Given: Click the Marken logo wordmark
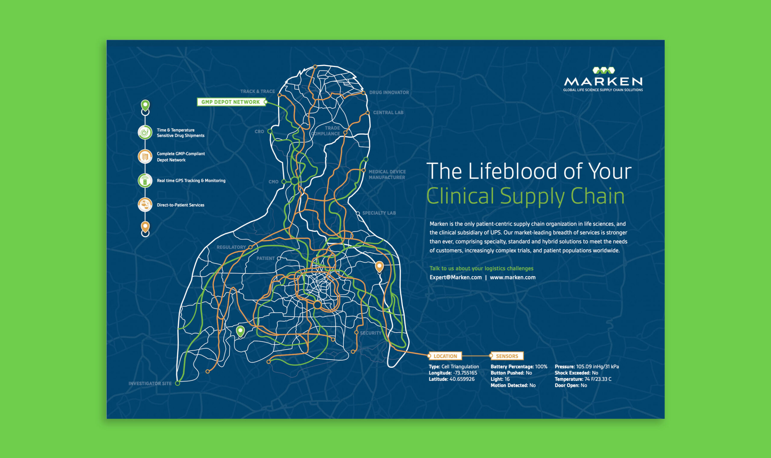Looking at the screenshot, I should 603,81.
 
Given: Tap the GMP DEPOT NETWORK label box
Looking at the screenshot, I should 231,102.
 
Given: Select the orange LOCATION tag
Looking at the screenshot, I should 445,356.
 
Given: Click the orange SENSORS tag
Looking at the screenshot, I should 507,356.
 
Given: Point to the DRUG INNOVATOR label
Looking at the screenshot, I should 389,92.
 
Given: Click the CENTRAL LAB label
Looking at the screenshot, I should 388,112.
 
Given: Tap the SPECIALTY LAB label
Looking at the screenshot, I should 379,213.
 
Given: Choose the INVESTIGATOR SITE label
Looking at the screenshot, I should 150,383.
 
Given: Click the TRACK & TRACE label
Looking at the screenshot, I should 258,91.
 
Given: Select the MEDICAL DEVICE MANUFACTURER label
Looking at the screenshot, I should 387,174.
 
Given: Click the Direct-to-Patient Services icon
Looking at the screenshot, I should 145,205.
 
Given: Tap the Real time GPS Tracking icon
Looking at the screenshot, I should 145,181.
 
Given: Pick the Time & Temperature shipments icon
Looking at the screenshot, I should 145,133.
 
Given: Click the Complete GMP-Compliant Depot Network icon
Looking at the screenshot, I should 145,156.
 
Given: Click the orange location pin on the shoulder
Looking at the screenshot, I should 379,266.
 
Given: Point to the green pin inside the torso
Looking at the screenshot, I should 240,331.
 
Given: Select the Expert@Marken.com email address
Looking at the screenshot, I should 456,277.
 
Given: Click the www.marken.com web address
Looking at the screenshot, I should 513,277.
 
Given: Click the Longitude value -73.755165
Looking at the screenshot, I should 465,373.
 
